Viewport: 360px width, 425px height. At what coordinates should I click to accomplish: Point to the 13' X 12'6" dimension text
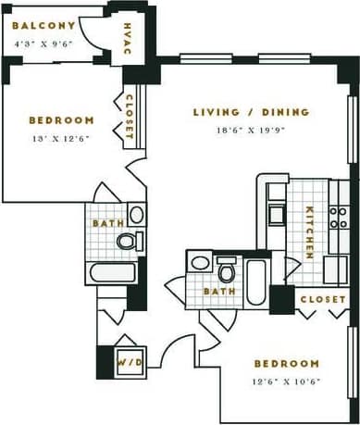61,139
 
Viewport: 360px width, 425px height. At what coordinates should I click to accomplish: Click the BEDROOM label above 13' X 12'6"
61,120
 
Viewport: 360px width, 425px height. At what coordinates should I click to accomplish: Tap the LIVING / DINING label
251,113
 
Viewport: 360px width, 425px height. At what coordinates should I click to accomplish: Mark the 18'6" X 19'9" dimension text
251,131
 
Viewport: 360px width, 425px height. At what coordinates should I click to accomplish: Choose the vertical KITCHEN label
310,231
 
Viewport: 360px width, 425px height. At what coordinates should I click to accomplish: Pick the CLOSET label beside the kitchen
323,300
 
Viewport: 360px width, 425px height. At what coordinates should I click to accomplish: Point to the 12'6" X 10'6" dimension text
287,381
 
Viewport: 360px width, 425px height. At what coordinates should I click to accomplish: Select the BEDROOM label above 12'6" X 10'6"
287,364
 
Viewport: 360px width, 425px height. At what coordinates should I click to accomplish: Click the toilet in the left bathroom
127,242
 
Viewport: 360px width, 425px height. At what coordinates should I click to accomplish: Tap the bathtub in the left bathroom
112,274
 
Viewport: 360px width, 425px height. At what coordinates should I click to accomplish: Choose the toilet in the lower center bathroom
225,272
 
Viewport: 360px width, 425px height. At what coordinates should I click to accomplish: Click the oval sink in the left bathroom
136,215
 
